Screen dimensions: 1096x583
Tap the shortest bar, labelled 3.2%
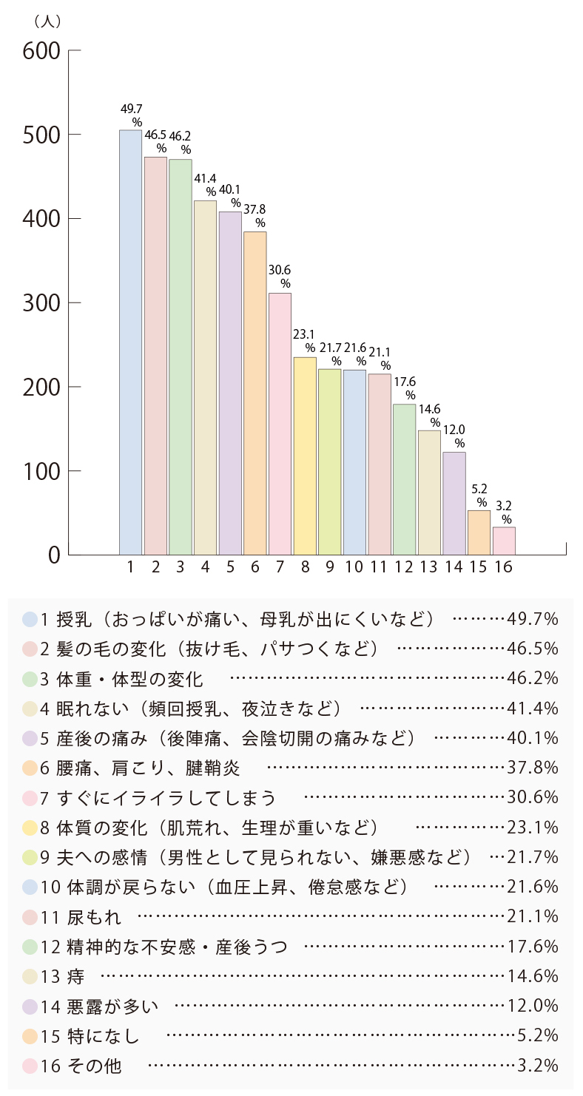click(x=504, y=541)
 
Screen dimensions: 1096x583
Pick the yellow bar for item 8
click(x=305, y=456)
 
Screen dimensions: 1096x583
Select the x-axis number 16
click(x=504, y=567)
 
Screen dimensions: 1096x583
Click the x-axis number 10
click(x=354, y=567)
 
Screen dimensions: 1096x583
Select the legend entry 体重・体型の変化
click(x=129, y=678)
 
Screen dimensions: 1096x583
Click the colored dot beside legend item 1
click(x=30, y=618)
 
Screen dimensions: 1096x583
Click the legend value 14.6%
click(x=533, y=976)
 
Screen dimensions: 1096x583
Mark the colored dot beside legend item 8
click(x=30, y=828)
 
